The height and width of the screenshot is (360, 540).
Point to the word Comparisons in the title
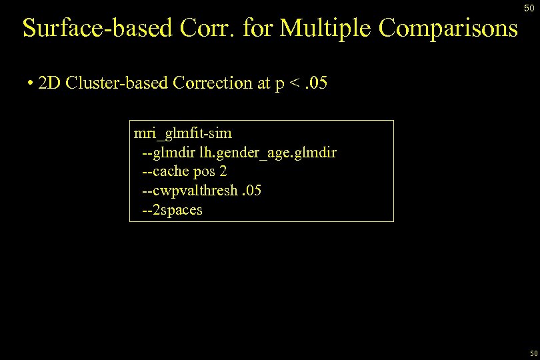449,28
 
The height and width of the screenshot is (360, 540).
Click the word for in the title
259,28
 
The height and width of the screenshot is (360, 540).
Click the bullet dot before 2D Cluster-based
31,84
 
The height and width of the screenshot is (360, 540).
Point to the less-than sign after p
291,84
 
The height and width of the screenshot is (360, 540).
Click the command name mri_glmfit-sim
183,133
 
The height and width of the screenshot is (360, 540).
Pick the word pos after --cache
204,173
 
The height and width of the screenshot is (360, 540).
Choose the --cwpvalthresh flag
189,191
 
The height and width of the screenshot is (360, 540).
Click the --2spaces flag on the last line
172,211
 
